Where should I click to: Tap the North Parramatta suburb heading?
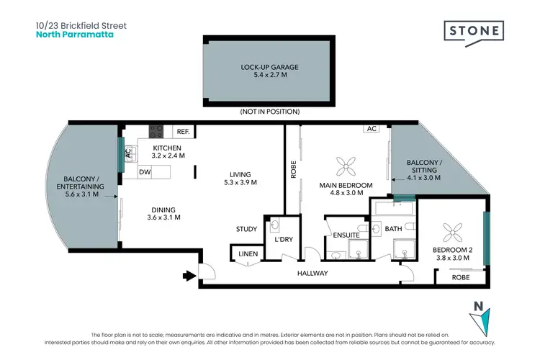click(x=74, y=34)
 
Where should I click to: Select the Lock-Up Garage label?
click(x=269, y=67)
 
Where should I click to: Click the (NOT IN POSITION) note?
click(x=269, y=112)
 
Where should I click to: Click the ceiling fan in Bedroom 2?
click(x=454, y=232)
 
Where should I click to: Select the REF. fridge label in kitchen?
click(x=183, y=132)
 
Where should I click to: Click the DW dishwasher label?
click(x=145, y=172)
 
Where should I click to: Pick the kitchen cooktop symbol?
click(x=156, y=132)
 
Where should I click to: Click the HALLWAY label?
click(x=312, y=273)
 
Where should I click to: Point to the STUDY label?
click(x=246, y=230)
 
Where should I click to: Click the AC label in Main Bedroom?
click(x=372, y=130)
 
